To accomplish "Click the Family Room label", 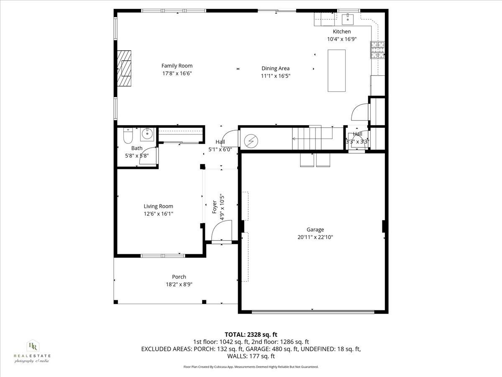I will point(177,66).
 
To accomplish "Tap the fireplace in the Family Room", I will point(124,68).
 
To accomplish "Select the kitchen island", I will point(337,70).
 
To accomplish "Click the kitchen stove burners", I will point(377,50).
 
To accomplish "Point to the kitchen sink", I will point(348,19).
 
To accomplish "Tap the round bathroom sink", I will point(147,134).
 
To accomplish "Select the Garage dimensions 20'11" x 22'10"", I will point(315,237).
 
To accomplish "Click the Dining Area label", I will point(275,69).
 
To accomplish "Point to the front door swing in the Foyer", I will point(221,232).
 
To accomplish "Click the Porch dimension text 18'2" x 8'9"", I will point(179,284).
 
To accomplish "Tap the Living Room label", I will point(158,206).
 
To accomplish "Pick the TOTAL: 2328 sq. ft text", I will point(251,334).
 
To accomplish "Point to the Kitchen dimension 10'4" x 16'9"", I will point(341,39).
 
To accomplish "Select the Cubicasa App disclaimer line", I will point(251,367).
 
